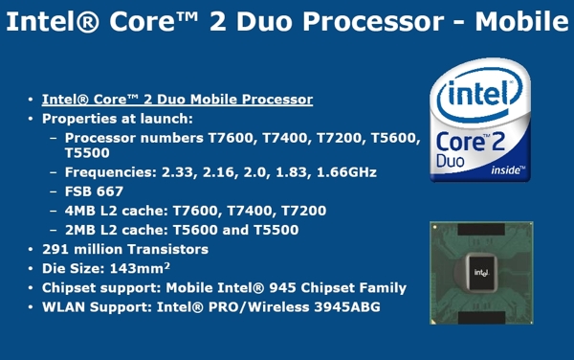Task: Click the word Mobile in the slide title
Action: click(x=521, y=21)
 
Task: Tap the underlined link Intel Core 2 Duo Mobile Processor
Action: click(x=177, y=100)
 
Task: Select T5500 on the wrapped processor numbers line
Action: click(x=87, y=153)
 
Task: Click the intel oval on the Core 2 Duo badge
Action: click(x=480, y=95)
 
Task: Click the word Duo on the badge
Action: click(x=450, y=161)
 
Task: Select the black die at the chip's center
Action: click(x=482, y=272)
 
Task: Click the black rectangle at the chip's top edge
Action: click(x=481, y=229)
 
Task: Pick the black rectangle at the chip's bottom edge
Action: click(x=481, y=318)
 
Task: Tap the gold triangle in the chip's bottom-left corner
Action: click(x=433, y=322)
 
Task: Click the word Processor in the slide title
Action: click(x=373, y=21)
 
